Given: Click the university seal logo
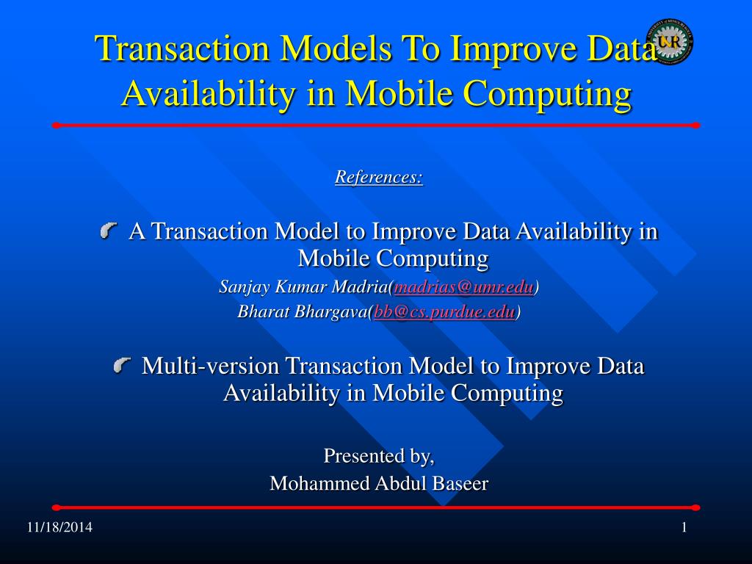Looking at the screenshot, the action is pyautogui.click(x=669, y=41).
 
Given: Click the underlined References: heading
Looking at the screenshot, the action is pyautogui.click(x=379, y=176).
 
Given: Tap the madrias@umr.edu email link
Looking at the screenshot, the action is pyautogui.click(x=464, y=287).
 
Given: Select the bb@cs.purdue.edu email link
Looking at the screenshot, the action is pyautogui.click(x=444, y=311).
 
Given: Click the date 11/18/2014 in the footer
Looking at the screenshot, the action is pyautogui.click(x=59, y=527).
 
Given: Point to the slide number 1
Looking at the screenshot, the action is pyautogui.click(x=684, y=527).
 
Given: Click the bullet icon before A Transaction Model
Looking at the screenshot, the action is pyautogui.click(x=109, y=231).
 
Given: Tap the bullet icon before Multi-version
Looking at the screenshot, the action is pyautogui.click(x=123, y=366).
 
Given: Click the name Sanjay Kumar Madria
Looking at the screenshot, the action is pyautogui.click(x=303, y=287).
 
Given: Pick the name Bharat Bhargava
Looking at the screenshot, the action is pyautogui.click(x=302, y=311).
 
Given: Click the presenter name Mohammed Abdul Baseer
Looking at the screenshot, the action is pyautogui.click(x=379, y=483).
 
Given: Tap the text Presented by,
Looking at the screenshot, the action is pyautogui.click(x=379, y=455).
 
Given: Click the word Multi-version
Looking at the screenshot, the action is pyautogui.click(x=211, y=366).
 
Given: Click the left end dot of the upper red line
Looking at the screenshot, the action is pyautogui.click(x=56, y=126).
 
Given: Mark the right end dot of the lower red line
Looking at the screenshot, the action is pyautogui.click(x=696, y=507).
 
